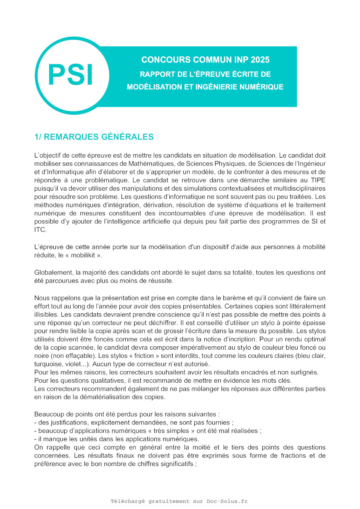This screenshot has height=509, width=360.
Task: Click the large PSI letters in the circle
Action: [71, 75]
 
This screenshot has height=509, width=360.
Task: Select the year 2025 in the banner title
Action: [260, 60]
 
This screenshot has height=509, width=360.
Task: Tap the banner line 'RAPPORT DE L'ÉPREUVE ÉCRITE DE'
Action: [205, 74]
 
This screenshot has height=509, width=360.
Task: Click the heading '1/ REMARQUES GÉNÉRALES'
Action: [94, 137]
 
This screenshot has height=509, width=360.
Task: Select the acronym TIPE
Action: [318, 180]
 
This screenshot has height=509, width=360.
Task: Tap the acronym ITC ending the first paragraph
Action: [40, 230]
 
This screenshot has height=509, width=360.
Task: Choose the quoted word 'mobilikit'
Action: [83, 255]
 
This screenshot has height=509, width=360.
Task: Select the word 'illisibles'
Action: [46, 315]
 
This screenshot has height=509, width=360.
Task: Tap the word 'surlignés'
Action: [303, 372]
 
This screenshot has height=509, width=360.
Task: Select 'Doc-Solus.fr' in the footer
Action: [227, 501]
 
